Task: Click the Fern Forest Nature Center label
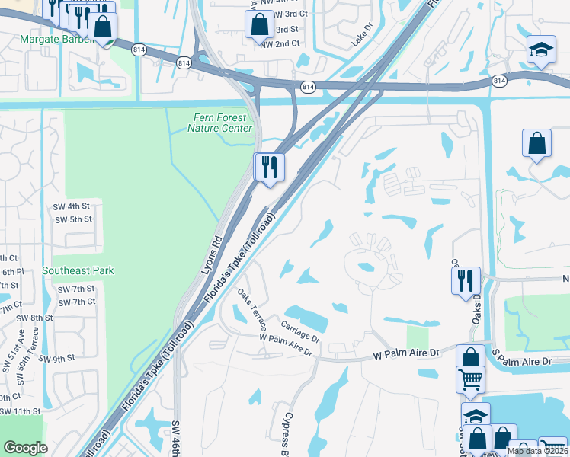219,123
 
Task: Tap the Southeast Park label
78,270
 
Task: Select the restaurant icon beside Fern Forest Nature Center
269,167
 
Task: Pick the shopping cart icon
471,379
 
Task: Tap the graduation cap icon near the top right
541,50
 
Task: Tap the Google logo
25,448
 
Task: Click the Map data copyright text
536,451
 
